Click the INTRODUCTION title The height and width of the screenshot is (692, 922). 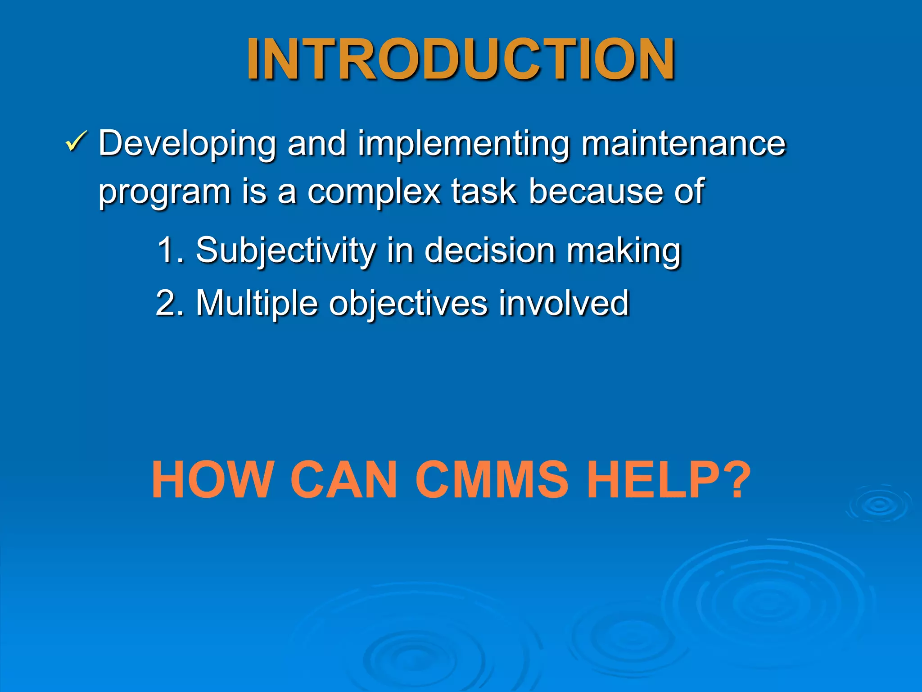click(460, 59)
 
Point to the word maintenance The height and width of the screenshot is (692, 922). click(683, 143)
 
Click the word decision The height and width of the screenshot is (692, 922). click(489, 250)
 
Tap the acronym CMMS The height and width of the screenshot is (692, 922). click(492, 479)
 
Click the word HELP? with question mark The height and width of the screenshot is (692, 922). click(669, 479)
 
